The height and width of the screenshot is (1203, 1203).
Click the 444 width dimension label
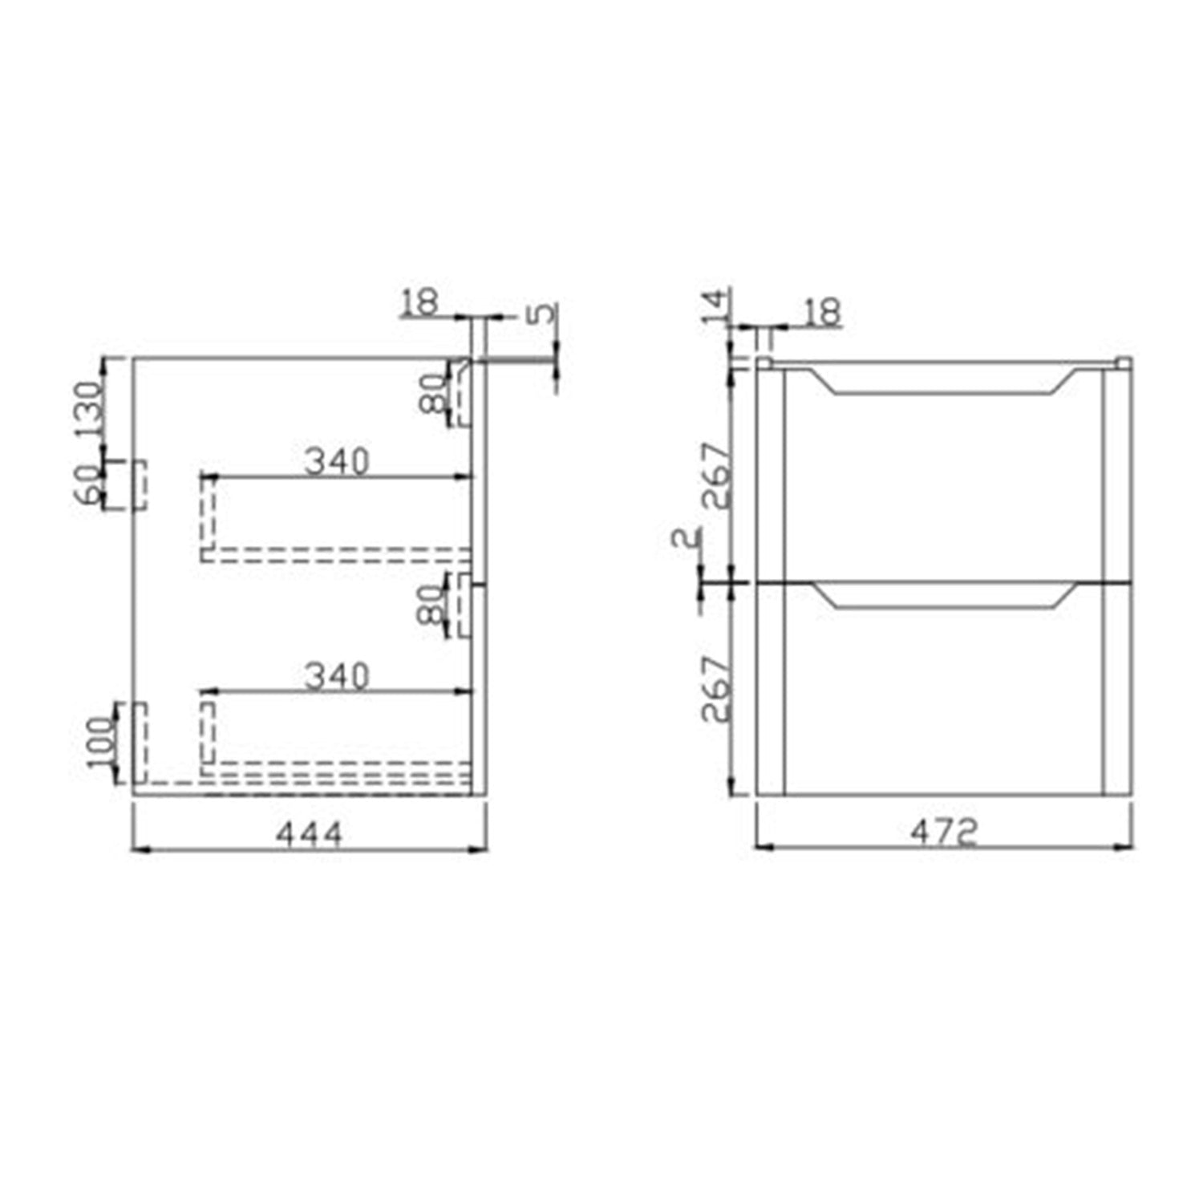310,834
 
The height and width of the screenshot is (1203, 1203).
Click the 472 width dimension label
943,832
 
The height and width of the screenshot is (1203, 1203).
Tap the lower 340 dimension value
337,676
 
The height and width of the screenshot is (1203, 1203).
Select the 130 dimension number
90,409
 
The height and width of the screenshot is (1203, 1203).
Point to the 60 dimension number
88,484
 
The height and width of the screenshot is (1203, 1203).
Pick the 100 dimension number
103,742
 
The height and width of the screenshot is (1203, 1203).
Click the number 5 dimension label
544,311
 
